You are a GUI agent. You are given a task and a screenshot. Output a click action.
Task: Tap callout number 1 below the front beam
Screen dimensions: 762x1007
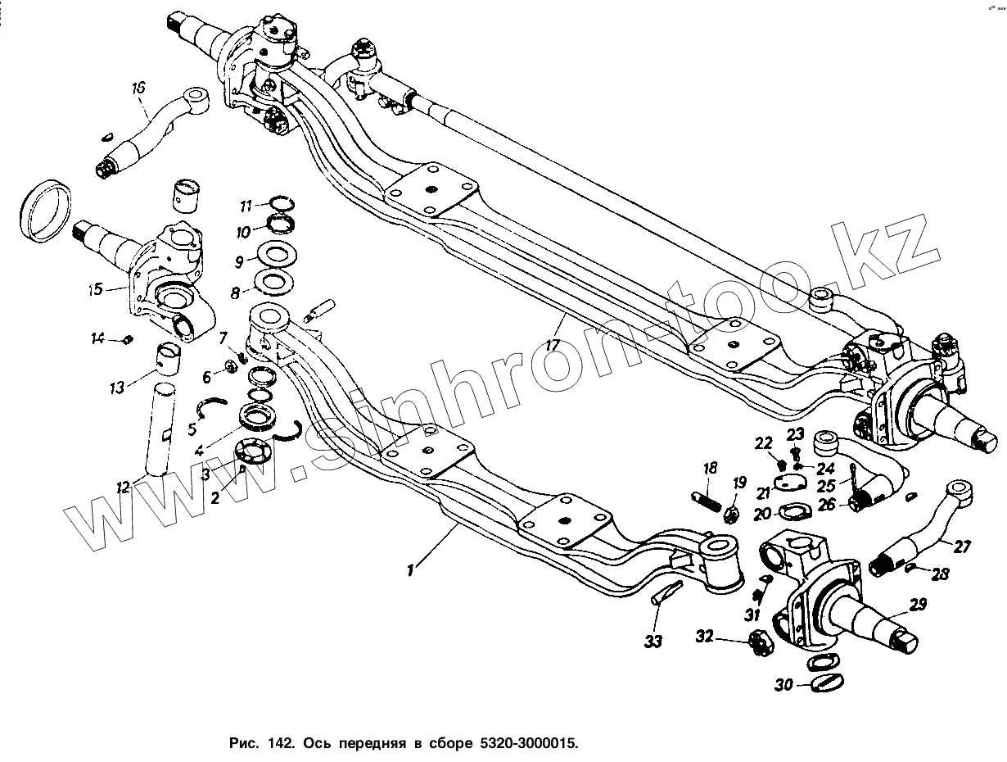tap(412, 567)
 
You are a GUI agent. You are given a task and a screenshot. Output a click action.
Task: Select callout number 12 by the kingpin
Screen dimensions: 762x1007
tap(123, 488)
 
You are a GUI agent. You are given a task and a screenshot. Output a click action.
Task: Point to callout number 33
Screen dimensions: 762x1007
tap(653, 641)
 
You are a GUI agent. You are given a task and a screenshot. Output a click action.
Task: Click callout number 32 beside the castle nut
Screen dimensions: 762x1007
tap(705, 636)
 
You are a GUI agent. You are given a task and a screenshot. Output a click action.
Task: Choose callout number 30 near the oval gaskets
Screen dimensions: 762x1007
tap(783, 685)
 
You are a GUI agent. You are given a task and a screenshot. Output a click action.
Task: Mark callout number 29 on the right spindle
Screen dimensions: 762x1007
tap(917, 606)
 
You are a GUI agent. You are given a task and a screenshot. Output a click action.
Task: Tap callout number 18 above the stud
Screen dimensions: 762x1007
tap(709, 468)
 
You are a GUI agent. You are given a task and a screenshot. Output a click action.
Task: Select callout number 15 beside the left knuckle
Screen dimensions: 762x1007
tap(95, 288)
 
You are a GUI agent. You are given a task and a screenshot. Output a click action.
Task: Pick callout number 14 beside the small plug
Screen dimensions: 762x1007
tap(98, 338)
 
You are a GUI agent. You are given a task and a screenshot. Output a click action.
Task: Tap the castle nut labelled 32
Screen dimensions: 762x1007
tap(760, 643)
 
